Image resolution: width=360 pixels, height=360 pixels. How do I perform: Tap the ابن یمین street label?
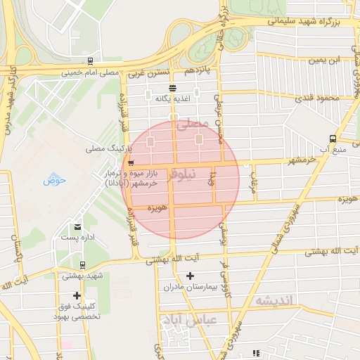pos(328,60)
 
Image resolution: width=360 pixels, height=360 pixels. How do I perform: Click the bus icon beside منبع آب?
pos(332,139)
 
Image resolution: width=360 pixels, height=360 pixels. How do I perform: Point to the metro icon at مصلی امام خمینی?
pos(89,61)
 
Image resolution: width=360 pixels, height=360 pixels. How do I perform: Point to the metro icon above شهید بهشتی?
pos(83,265)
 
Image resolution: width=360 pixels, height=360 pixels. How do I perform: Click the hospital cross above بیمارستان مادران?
pos(190,276)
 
